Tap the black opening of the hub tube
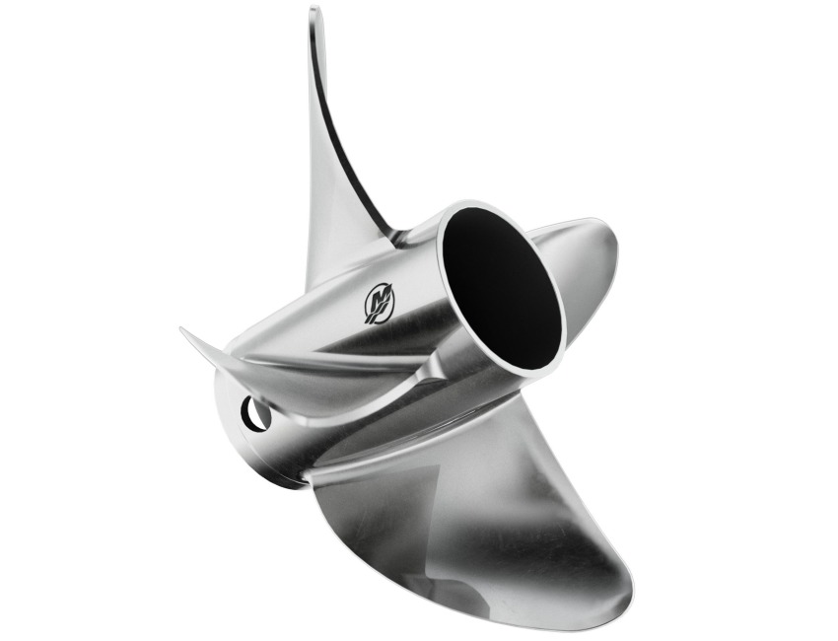503,286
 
